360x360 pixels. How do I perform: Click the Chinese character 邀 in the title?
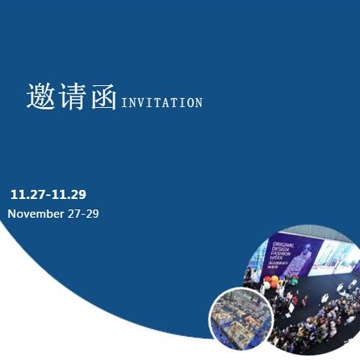tap(41, 97)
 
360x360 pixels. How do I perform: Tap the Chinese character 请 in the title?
tap(72, 97)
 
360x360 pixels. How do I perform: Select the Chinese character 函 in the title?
tap(103, 98)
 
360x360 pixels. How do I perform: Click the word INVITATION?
tap(161, 102)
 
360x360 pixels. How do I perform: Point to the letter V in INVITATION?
tap(138, 102)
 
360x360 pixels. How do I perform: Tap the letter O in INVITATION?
tap(191, 102)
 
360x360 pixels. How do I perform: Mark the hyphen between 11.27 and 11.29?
tap(48, 195)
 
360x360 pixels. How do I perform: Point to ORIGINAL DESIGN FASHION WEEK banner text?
tap(283, 248)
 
